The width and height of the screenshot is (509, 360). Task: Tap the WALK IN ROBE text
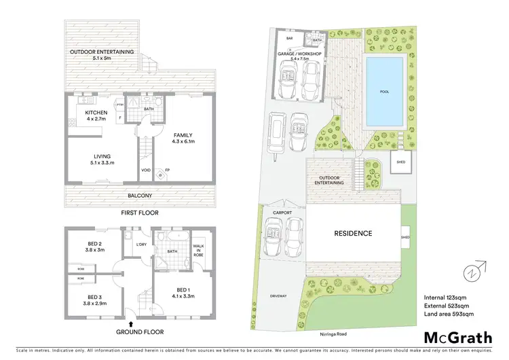(x=199, y=249)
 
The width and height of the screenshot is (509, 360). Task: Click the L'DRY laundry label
(x=142, y=245)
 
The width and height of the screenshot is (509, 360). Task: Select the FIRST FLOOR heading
(x=140, y=212)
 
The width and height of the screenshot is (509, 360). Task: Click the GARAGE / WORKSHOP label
(x=299, y=56)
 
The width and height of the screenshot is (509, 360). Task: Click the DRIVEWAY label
(x=278, y=296)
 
